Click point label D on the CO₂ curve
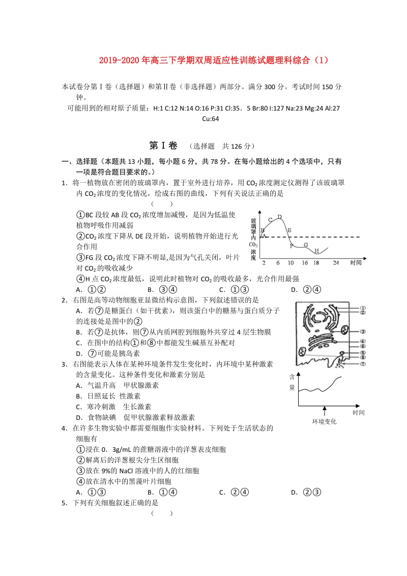coord(279,217)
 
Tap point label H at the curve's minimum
coord(316,251)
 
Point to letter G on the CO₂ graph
coord(305,245)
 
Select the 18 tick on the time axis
coord(316,263)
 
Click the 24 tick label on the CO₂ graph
coord(336,263)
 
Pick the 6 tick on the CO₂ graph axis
coord(278,263)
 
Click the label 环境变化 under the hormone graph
coord(324,421)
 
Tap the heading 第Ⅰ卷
coord(164,146)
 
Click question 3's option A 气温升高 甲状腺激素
coord(117,385)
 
